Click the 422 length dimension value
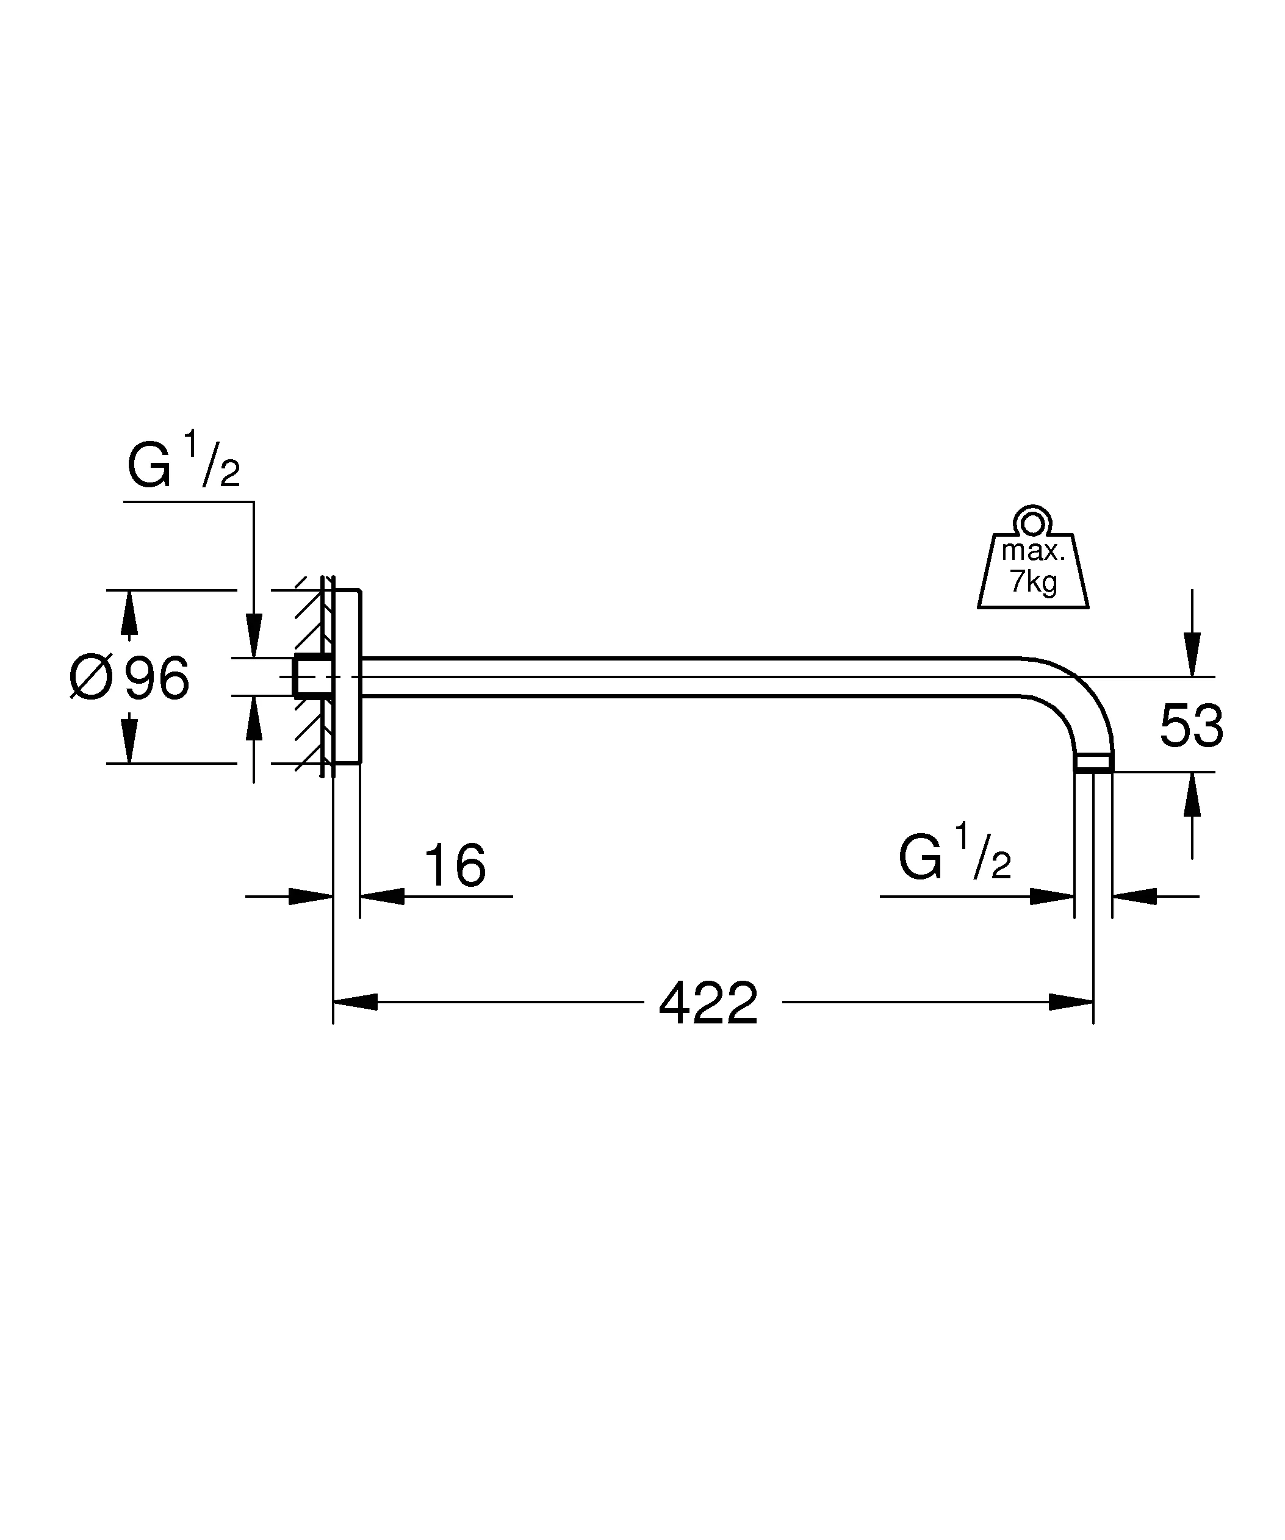coord(708,1004)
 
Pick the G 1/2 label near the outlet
coord(954,856)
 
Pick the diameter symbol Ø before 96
coord(91,678)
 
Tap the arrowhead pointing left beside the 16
coord(382,895)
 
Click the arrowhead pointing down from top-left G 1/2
coord(254,635)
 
